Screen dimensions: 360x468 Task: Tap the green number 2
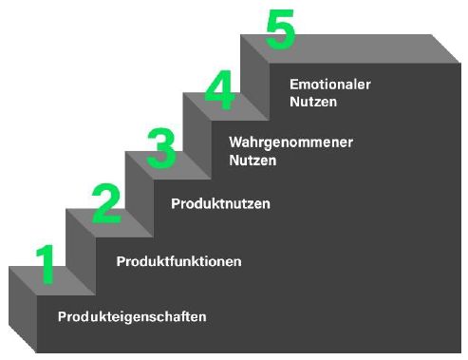pos(106,203)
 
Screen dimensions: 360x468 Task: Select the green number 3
pos(162,147)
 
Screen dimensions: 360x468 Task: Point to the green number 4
pos(218,91)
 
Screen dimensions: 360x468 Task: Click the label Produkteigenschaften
pos(132,316)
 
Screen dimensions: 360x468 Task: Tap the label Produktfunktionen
pos(178,260)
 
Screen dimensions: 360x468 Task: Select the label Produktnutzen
pos(220,203)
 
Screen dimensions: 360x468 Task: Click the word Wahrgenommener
pos(290,142)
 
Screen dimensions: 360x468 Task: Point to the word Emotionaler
pos(329,84)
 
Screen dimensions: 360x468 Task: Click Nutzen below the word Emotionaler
pos(313,100)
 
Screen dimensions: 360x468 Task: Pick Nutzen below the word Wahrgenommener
pos(253,160)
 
